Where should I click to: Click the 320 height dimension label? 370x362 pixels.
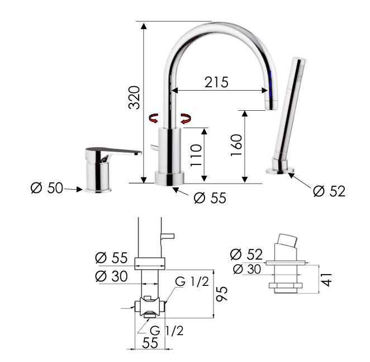[x=134, y=97]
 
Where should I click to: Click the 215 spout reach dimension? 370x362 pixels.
[x=216, y=82]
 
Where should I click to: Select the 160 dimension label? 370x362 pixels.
[x=236, y=145]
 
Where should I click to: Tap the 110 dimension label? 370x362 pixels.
[x=196, y=155]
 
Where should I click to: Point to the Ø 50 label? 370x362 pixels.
[x=47, y=188]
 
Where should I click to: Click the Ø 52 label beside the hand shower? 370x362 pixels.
[x=329, y=191]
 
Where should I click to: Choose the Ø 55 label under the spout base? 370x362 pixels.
[x=210, y=198]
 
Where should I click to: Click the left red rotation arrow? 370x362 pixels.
[x=153, y=118]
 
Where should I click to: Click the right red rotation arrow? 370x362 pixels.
[x=186, y=119]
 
